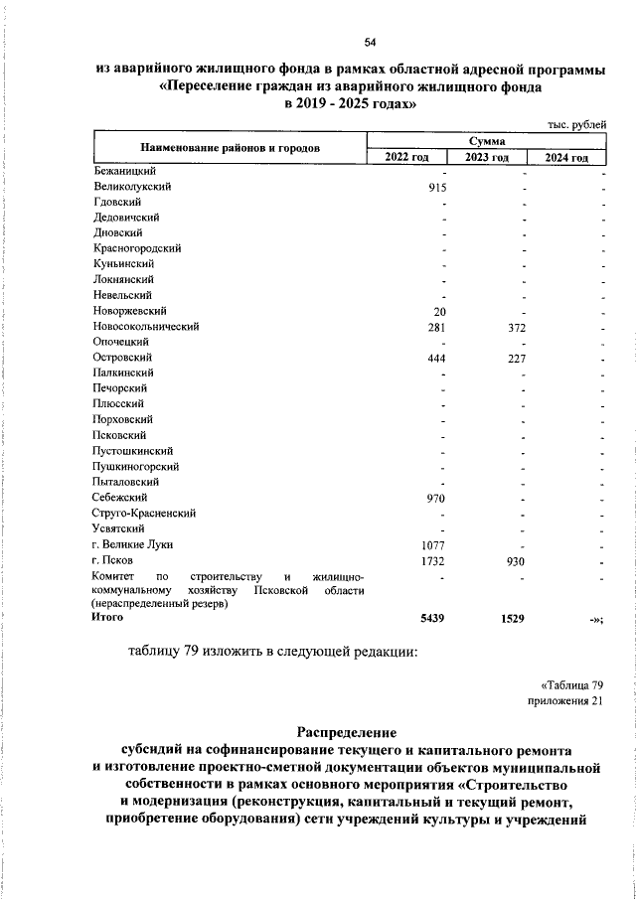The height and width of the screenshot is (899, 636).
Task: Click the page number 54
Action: coord(369,41)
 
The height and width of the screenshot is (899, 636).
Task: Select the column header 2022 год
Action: coord(407,158)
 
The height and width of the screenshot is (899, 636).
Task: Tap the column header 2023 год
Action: coord(487,158)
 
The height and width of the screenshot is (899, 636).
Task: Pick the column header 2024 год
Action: coord(566,158)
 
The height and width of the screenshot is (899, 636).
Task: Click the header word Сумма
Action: coord(486,143)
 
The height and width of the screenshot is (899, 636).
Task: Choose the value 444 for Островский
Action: coord(434,358)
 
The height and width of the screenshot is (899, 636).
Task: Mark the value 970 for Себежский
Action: coord(434,497)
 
